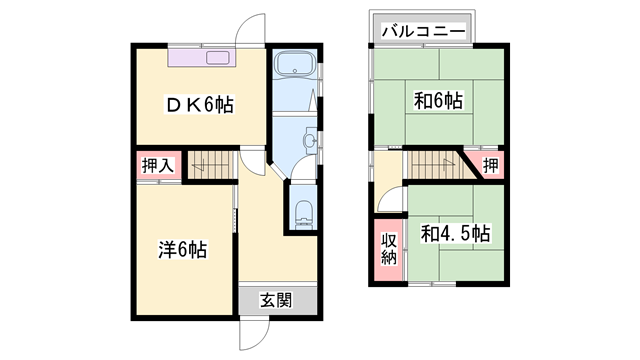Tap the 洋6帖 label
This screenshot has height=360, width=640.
tap(182, 250)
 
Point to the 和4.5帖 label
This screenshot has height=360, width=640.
tap(454, 234)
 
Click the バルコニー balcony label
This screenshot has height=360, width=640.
tap(421, 31)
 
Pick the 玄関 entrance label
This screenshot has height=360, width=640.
tap(277, 299)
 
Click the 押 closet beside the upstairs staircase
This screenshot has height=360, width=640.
tap(488, 164)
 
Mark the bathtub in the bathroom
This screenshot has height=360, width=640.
tap(295, 67)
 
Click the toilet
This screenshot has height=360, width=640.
tap(303, 213)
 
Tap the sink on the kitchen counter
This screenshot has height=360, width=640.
tap(218, 57)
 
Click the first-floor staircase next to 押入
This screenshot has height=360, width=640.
tap(210, 164)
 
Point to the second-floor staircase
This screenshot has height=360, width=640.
tap(433, 164)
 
